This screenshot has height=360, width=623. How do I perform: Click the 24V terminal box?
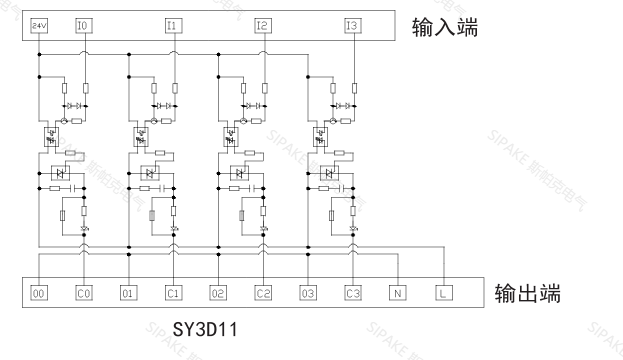point(39,25)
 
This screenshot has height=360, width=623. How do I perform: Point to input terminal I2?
point(262,25)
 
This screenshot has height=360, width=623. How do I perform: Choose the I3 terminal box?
point(351,25)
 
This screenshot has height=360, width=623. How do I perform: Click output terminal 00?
point(39,293)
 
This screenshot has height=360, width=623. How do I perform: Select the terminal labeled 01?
point(129,293)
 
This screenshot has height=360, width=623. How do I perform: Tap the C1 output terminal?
point(174,293)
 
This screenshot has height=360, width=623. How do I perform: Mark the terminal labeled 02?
point(218,293)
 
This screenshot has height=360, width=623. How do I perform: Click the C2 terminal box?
point(263,293)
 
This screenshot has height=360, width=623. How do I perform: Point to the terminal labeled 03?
point(308,293)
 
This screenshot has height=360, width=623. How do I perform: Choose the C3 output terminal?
point(353,293)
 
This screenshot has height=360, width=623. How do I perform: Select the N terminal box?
point(398,293)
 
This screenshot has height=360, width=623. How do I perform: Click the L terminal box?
point(442,293)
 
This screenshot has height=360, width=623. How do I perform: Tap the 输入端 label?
point(445,27)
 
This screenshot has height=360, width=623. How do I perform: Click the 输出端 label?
point(528,294)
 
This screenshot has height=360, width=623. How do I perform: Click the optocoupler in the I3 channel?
point(323,132)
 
